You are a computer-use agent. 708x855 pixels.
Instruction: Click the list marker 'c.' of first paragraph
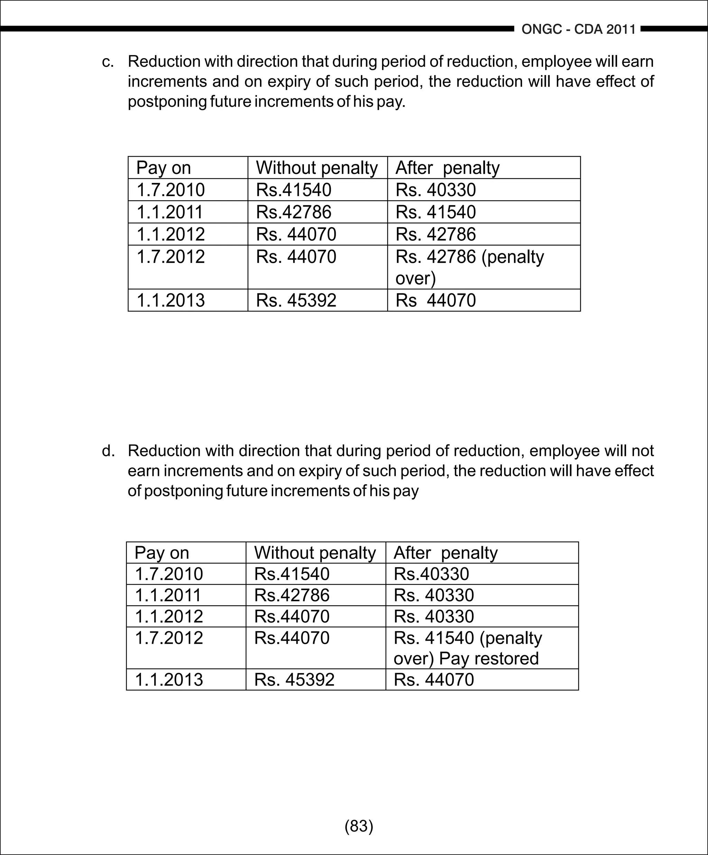click(108, 62)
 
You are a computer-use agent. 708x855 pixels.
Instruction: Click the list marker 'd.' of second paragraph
click(108, 451)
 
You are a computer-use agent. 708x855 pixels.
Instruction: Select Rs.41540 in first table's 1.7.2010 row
click(294, 190)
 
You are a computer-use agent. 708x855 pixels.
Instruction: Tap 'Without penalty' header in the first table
click(317, 168)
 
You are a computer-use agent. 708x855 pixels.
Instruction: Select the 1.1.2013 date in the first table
click(170, 301)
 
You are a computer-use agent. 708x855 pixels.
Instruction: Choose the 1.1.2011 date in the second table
click(168, 595)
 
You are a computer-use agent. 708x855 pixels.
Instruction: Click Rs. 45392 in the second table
click(294, 680)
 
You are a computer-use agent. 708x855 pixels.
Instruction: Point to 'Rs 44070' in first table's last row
click(435, 301)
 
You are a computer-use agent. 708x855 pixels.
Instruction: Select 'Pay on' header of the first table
click(163, 168)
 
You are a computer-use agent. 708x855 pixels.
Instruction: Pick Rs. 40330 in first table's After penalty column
click(435, 190)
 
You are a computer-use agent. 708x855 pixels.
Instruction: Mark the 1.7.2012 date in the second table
click(168, 637)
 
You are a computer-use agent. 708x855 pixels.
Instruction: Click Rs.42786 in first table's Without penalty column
click(294, 212)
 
